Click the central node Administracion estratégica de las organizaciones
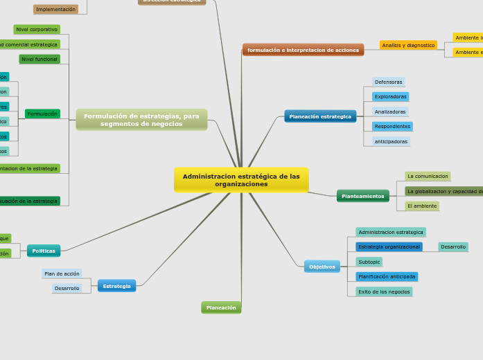(241, 180)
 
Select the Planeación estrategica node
(320, 116)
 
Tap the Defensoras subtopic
(388, 82)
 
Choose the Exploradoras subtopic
(390, 97)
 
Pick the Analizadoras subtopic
(390, 111)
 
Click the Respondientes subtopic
(392, 127)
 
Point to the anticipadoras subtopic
(391, 141)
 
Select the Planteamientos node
(362, 196)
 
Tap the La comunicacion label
(428, 177)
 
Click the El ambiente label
(422, 206)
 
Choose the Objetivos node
(322, 267)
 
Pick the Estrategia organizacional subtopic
(389, 246)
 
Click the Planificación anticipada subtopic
(387, 276)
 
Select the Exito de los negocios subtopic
(384, 291)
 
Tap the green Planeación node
(221, 307)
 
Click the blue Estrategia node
(116, 286)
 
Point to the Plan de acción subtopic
(62, 273)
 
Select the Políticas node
(44, 251)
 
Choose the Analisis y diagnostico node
(408, 45)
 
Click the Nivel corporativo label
(37, 30)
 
